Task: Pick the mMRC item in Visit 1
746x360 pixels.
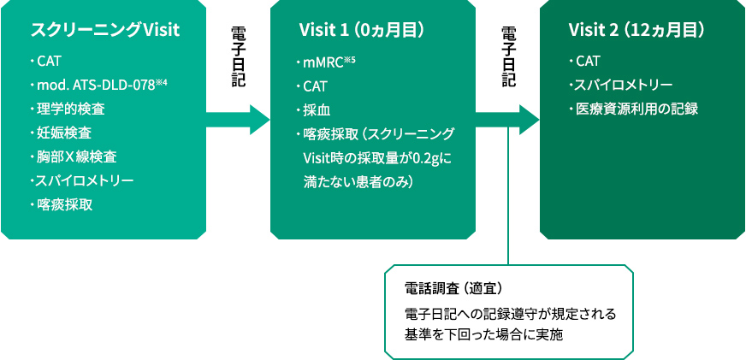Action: (x=322, y=62)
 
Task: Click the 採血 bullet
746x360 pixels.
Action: (x=316, y=110)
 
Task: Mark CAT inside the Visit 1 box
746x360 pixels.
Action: (x=316, y=86)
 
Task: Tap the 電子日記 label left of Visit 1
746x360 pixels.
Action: (x=239, y=56)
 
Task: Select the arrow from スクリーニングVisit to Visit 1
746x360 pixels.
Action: (x=240, y=119)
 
